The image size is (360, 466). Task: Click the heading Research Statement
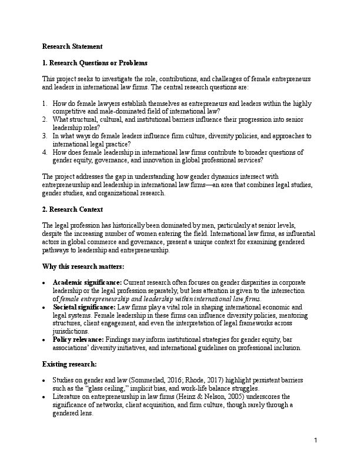click(72, 46)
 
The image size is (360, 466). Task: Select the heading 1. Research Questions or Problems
click(95, 62)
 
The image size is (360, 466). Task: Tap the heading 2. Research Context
click(72, 209)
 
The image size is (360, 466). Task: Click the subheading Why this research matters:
click(83, 266)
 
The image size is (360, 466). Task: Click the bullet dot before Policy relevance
click(45, 348)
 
